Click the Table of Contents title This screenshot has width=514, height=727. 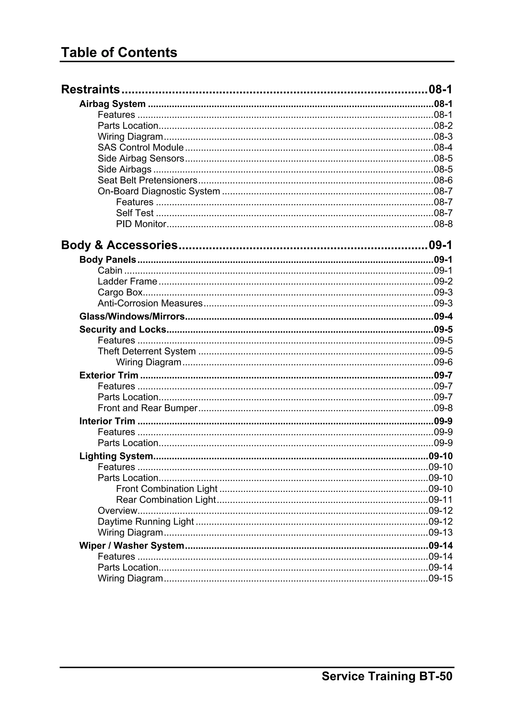tap(119, 52)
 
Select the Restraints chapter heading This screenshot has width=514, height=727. tap(91, 90)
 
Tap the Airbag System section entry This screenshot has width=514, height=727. tap(112, 104)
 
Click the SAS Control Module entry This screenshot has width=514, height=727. tap(141, 148)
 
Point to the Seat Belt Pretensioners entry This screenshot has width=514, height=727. tap(147, 180)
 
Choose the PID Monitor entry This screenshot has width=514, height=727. tap(141, 224)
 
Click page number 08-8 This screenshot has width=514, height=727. tap(443, 224)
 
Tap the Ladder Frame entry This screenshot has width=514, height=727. tap(127, 282)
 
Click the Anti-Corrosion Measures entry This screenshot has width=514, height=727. tap(150, 303)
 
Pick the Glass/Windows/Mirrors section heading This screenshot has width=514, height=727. tap(132, 317)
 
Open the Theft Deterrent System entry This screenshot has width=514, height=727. tap(147, 352)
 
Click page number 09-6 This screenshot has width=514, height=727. tap(443, 362)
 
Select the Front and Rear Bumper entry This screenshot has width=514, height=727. tap(148, 408)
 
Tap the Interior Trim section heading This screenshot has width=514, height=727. tap(107, 421)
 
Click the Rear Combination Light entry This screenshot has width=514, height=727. tap(166, 500)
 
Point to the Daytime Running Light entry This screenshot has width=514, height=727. tap(146, 522)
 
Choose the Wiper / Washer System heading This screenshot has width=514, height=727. tap(132, 546)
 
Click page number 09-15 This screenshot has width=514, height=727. tap(440, 578)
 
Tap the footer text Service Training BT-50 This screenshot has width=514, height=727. tap(387, 676)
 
